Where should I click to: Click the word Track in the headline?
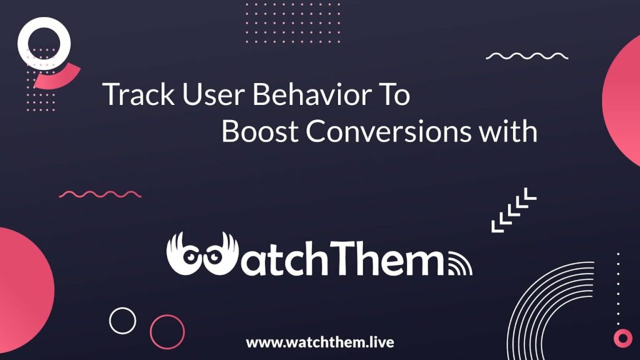[x=139, y=94]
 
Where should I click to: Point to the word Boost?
[x=260, y=131]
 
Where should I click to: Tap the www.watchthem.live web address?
[x=320, y=342]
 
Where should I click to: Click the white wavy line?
[x=527, y=56]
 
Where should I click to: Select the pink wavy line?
[x=100, y=194]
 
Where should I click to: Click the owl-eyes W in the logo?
[x=202, y=254]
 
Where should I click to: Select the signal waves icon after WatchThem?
[x=460, y=264]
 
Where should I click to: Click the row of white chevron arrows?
[x=514, y=210]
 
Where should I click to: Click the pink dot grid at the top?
[x=292, y=22]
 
